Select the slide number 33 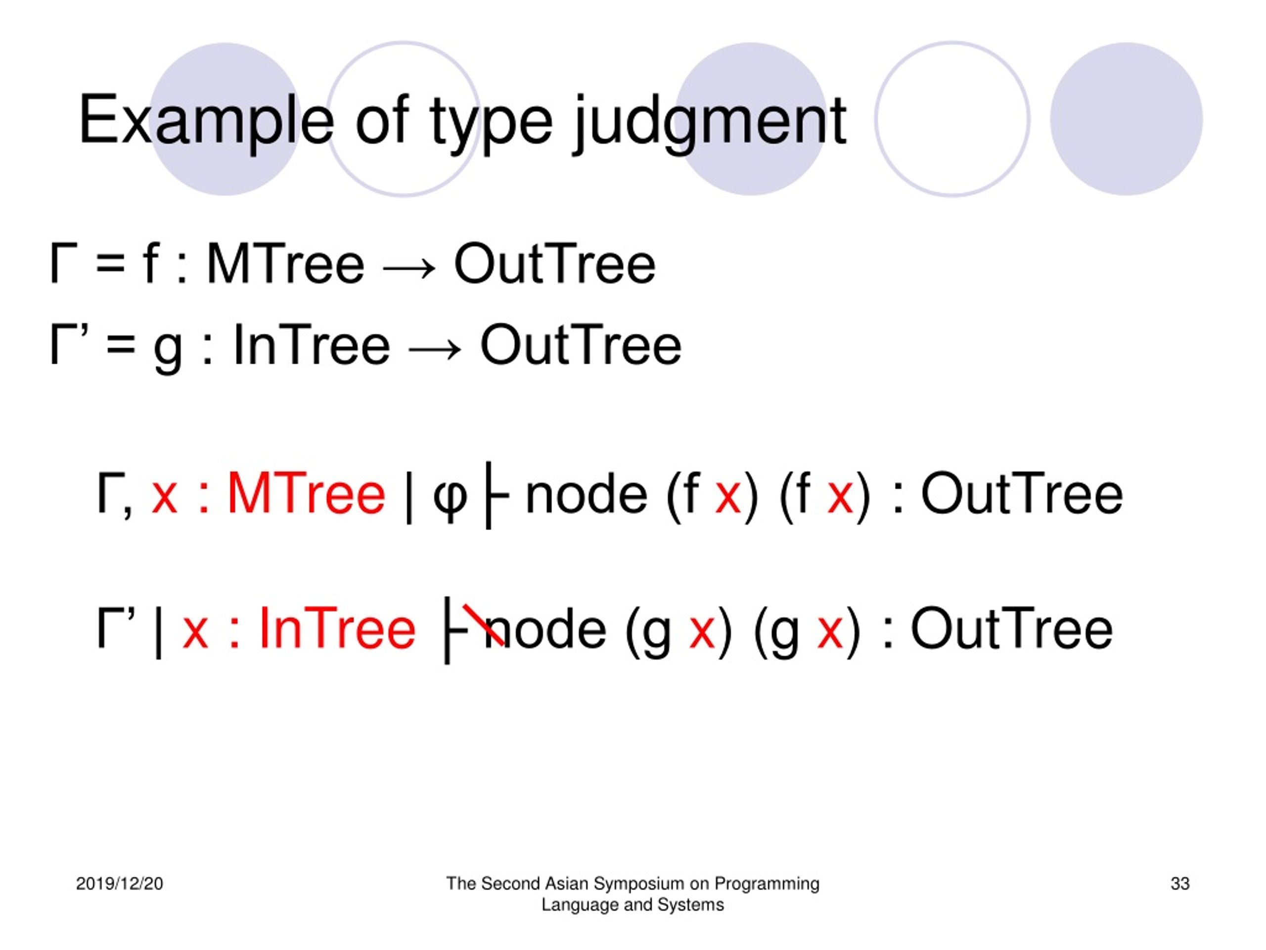[1180, 884]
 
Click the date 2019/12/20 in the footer [120, 884]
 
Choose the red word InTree [337, 629]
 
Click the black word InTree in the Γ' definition [312, 344]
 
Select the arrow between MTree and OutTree [409, 267]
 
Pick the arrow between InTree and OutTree [435, 347]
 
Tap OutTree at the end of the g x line [1012, 629]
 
